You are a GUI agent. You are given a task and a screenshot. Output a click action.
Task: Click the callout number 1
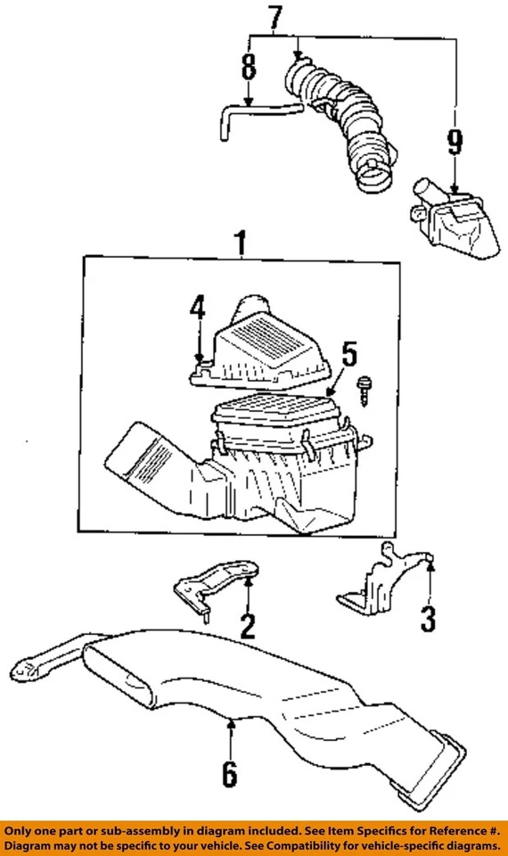click(238, 243)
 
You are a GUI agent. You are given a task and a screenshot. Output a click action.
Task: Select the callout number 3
click(429, 618)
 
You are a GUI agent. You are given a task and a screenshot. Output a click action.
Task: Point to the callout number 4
click(198, 310)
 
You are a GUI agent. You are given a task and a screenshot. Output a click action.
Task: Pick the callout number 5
click(348, 354)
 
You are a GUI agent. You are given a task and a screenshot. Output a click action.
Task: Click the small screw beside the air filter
click(365, 391)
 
